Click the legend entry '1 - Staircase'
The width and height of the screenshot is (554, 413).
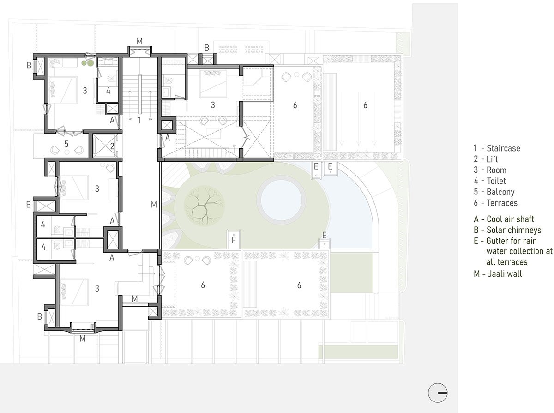497,148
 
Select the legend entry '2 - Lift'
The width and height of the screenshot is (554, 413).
486,159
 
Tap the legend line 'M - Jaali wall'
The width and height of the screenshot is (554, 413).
498,274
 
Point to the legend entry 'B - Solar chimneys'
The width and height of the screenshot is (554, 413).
507,230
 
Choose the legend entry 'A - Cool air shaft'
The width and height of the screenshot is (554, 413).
504,219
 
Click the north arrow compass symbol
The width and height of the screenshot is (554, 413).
438,393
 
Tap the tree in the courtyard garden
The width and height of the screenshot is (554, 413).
205,206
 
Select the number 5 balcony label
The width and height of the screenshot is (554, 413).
66,144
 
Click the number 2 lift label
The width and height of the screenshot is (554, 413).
112,146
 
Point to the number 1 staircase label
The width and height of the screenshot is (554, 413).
139,120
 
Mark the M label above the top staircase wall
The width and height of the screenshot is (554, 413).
139,41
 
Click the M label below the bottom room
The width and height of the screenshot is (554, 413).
83,339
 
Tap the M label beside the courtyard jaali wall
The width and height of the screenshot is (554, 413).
154,205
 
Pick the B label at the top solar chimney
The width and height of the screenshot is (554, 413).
207,48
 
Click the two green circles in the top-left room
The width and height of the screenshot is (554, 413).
88,63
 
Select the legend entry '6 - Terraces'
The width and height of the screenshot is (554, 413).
495,203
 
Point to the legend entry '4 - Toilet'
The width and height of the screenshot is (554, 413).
489,181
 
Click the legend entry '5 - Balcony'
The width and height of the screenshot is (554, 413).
494,192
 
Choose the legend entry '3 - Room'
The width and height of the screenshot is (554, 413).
490,170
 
